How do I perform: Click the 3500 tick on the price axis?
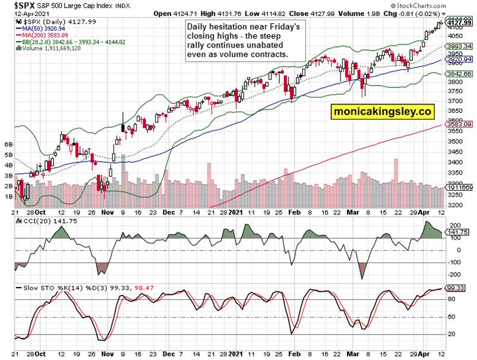(455, 142)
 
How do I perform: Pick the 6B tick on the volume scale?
(8, 144)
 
